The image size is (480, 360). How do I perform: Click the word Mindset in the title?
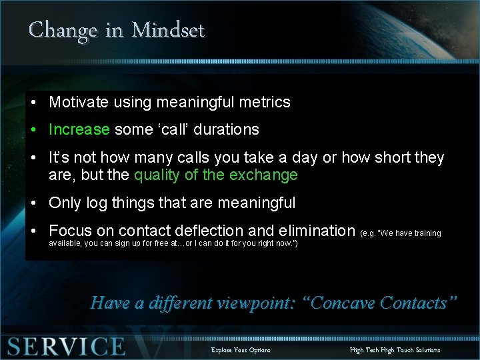(x=168, y=30)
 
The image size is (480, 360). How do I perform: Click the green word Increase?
(x=79, y=129)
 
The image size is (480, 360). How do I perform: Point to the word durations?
(x=225, y=129)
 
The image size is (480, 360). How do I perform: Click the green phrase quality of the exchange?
(x=216, y=175)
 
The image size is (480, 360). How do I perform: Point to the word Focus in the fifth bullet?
(x=70, y=231)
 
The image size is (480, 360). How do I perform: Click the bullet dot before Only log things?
(x=33, y=203)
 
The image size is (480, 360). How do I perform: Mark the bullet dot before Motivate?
(x=33, y=103)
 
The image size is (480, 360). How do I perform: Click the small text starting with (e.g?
(x=400, y=233)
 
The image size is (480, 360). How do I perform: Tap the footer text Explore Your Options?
(x=241, y=350)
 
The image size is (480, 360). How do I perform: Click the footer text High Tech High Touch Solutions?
(x=395, y=350)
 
